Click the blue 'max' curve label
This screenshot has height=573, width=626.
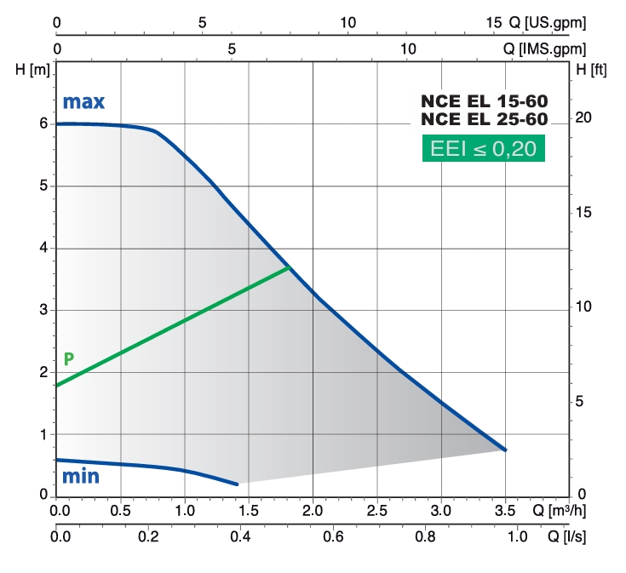coord(83,102)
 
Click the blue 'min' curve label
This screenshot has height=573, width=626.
coord(81,476)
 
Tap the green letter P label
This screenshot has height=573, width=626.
coord(69,358)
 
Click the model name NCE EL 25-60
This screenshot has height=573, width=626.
coord(484,119)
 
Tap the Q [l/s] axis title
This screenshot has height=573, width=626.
coord(565,537)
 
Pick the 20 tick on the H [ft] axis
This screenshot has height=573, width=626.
coord(583,117)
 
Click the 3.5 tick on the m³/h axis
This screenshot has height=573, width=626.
coord(505,511)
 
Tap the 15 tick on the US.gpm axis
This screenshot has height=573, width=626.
coord(496,23)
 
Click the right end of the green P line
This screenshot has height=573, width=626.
coord(290,267)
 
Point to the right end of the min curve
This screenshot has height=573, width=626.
coord(238,484)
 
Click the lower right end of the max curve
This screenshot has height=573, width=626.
coord(505,450)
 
